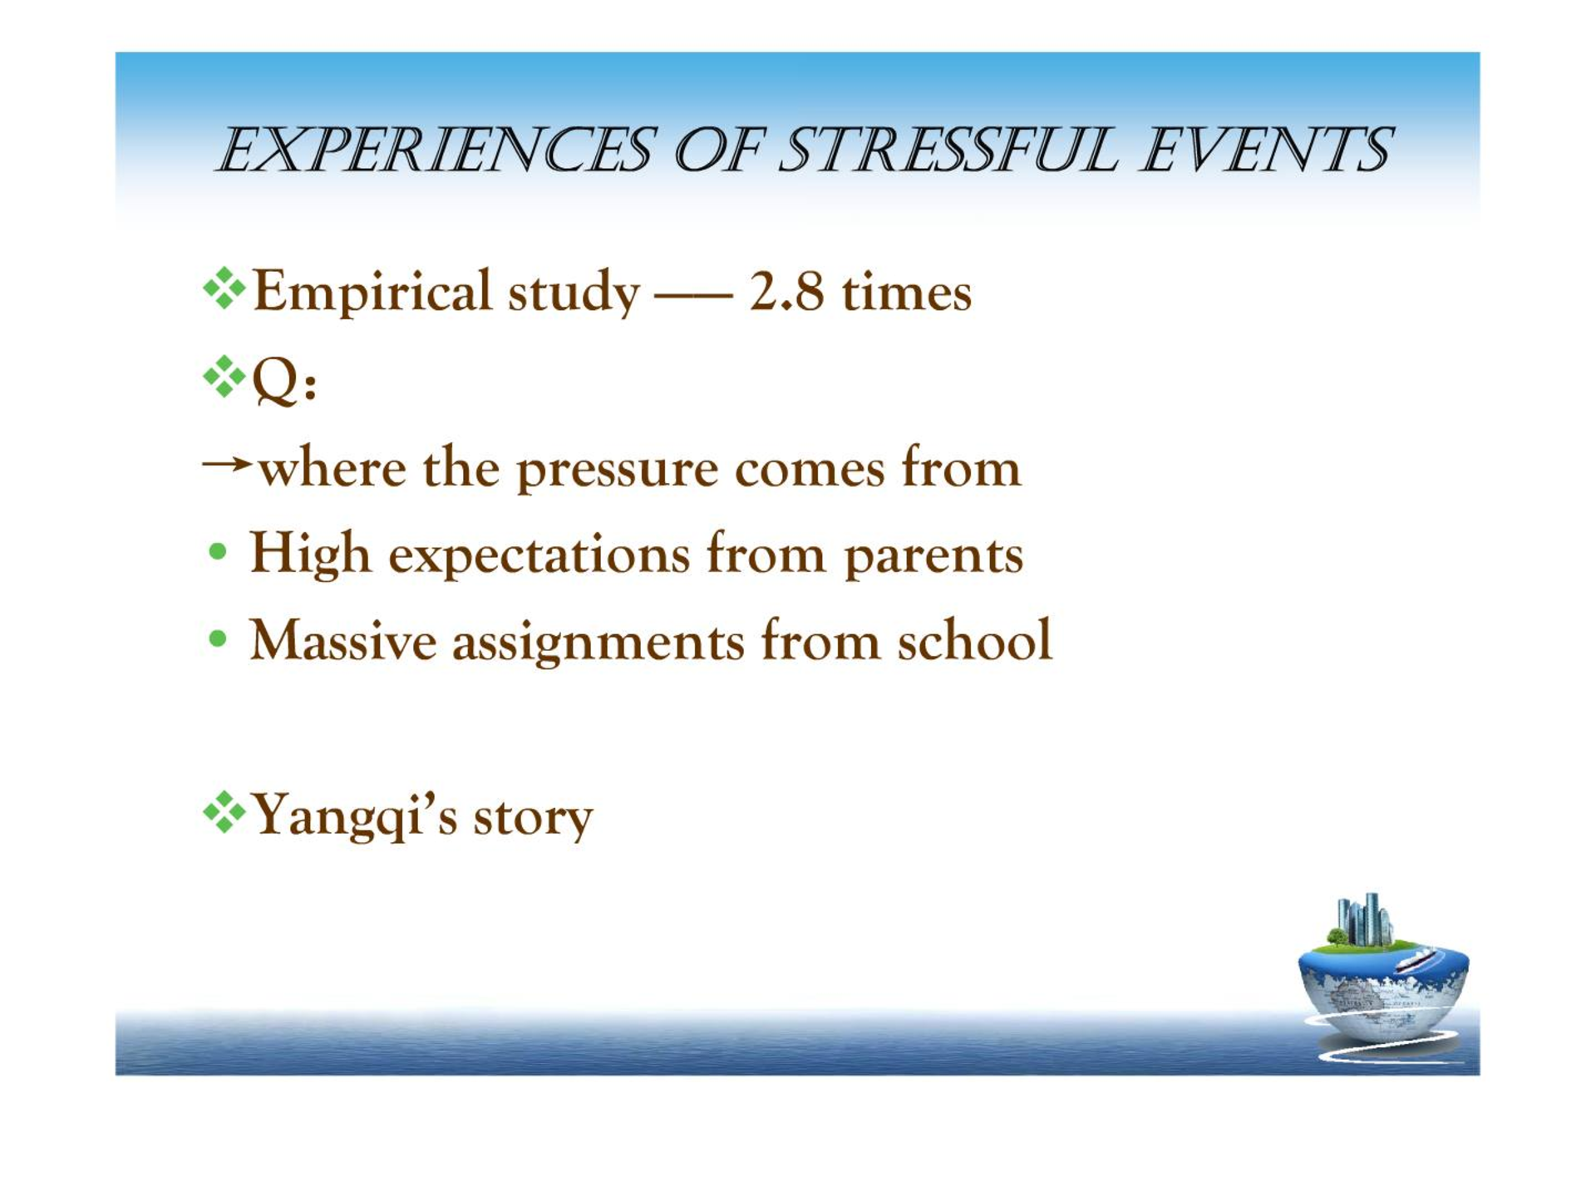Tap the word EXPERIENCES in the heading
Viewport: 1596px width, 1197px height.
[x=436, y=150]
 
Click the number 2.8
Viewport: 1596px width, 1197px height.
[x=786, y=292]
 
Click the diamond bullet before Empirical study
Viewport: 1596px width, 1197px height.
[x=224, y=288]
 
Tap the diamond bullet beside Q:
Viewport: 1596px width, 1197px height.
[x=224, y=377]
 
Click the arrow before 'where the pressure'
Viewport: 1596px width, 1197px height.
[x=227, y=463]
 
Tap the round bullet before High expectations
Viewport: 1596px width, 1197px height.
[x=218, y=552]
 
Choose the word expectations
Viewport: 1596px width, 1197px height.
[x=539, y=555]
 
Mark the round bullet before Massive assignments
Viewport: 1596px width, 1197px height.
[x=218, y=638]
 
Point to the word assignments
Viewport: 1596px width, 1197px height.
[x=598, y=643]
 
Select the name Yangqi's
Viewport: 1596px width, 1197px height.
[x=354, y=815]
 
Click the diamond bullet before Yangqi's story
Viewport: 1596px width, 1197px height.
[x=224, y=812]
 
